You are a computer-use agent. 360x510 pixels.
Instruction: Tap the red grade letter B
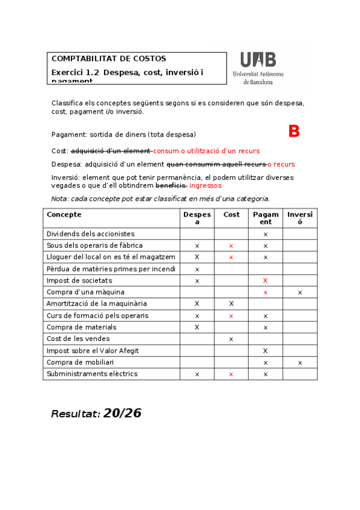pos(294,132)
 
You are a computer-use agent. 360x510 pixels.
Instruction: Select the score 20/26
pos(123,413)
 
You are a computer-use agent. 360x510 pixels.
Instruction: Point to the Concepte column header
pos(64,215)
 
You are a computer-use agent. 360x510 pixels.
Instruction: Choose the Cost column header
pos(231,215)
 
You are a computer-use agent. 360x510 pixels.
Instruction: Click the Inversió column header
pos(300,218)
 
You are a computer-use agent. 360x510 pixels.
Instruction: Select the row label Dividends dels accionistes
pos(91,234)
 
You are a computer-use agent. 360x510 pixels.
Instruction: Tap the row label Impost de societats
pos(79,281)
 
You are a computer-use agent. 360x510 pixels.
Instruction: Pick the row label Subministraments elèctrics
pos(92,374)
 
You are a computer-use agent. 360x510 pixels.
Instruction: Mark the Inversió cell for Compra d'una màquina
pos(300,292)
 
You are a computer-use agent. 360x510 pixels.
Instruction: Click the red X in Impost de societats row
pos(265,281)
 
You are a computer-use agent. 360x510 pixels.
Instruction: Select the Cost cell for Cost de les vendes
pos(231,339)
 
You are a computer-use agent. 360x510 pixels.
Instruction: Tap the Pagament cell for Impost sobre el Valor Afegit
pos(265,351)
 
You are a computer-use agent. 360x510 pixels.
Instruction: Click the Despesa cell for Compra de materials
pos(197,327)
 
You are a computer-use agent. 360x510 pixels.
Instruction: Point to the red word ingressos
pos(206,186)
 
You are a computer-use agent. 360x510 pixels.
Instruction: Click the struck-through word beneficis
pos(171,186)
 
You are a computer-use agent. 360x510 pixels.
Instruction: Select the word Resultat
pos(75,414)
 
